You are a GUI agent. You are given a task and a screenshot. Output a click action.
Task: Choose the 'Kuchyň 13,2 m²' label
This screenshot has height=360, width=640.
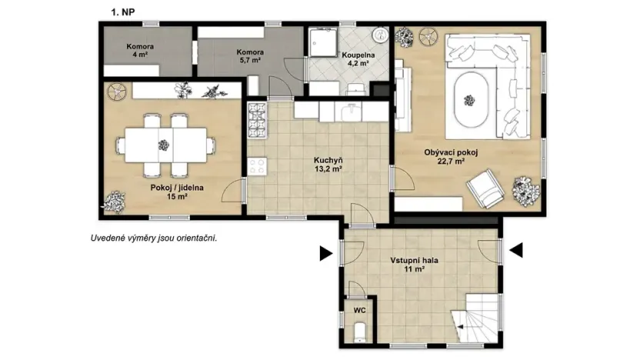[328, 165]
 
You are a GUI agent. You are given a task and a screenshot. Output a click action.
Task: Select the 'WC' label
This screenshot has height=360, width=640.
[359, 311]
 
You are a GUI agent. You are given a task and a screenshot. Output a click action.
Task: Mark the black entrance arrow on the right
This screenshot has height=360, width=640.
[517, 249]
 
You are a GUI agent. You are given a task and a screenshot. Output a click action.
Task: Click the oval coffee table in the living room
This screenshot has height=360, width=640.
[469, 100]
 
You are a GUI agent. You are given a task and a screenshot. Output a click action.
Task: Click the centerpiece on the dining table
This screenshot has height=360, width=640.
[163, 144]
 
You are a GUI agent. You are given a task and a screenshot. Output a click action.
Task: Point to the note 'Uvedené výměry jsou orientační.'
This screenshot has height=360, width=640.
[153, 238]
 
